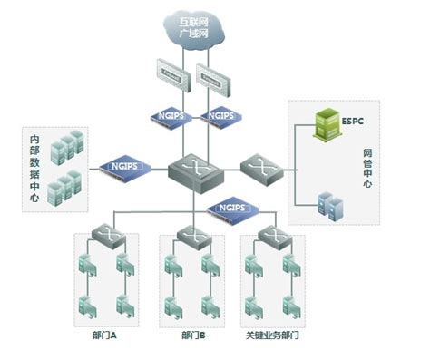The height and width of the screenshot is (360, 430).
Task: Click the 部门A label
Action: (106, 335)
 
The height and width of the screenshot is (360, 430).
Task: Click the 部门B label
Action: (192, 335)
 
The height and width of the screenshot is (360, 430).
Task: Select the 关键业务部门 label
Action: (272, 335)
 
